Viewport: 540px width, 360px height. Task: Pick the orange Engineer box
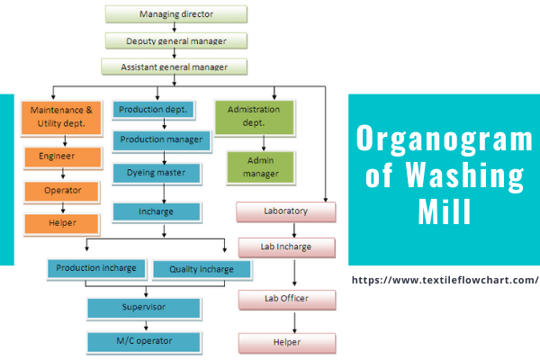[x=61, y=157]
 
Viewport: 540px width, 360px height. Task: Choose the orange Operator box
[x=61, y=191]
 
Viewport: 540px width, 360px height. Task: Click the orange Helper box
[x=61, y=223]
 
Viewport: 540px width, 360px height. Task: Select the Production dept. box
[x=153, y=110]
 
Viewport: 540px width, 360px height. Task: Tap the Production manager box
[x=163, y=140]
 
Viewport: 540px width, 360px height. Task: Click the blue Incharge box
[x=156, y=212]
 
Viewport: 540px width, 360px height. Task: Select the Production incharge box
[x=96, y=268]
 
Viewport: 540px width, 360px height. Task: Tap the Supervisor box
[x=143, y=308]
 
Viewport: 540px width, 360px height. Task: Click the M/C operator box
[x=143, y=341]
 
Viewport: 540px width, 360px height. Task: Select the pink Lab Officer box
[x=286, y=300]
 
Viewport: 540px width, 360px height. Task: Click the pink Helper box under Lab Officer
[x=286, y=343]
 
